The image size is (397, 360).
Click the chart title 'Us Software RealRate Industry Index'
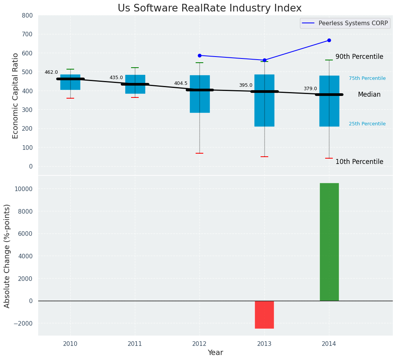click(209, 8)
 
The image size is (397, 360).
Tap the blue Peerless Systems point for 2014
click(329, 41)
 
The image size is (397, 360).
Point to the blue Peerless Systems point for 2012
click(199, 55)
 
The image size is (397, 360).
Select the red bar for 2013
click(264, 315)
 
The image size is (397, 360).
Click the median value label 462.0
click(51, 72)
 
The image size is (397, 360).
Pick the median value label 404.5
click(181, 83)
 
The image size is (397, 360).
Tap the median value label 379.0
click(310, 89)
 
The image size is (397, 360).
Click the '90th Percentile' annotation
click(359, 57)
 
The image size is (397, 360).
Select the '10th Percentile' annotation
click(359, 162)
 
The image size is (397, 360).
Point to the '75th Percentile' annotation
click(367, 78)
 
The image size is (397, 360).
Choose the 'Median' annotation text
click(369, 94)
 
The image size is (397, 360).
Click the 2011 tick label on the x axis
click(135, 344)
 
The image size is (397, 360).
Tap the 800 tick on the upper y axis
click(27, 15)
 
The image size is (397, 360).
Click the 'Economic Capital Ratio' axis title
click(16, 96)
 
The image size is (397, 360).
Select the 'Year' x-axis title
click(215, 352)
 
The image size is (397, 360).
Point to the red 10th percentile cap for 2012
click(199, 153)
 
